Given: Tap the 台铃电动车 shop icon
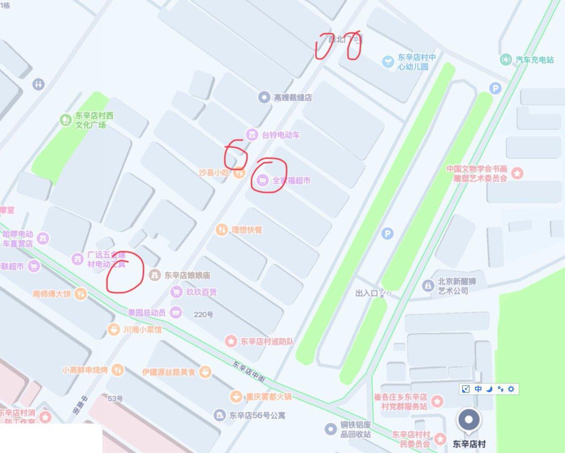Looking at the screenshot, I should coord(253,135).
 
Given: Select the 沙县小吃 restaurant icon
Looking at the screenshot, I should coord(239,173).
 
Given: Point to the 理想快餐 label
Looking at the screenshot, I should coord(246,231).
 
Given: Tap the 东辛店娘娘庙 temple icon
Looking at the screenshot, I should coord(154,274).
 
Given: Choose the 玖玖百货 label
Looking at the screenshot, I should coord(200,292).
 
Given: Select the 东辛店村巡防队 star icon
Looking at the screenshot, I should coord(231,341).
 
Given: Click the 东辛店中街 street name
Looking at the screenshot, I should coord(249,372).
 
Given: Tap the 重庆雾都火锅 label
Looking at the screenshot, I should coord(268,396).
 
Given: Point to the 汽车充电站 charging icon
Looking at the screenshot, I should coord(506,60).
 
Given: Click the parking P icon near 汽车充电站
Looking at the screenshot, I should coord(494,88).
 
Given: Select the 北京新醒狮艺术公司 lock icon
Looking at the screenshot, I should coord(428,286).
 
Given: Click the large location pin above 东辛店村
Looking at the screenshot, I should coord(469,421).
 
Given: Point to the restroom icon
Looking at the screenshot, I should coord(39,84).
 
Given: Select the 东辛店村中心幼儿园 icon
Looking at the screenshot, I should coord(387,61).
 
